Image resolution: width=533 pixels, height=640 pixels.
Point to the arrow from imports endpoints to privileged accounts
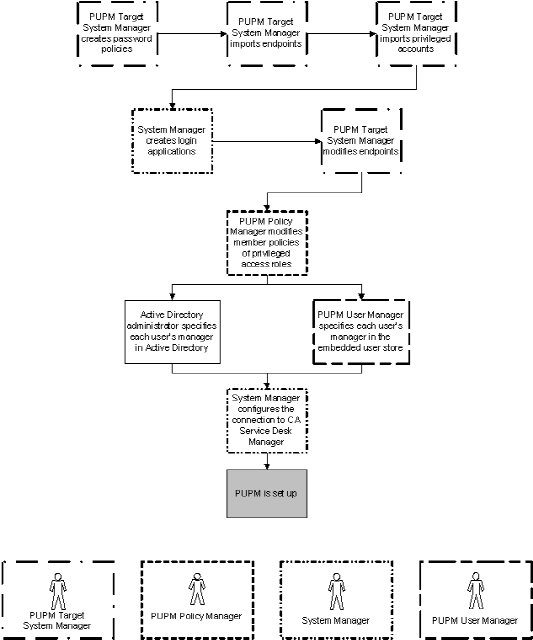coord(340,34)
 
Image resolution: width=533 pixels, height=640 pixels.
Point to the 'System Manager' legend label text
coord(336,619)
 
